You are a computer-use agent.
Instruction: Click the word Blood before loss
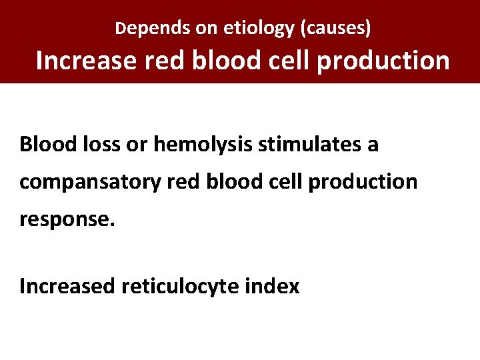(x=43, y=144)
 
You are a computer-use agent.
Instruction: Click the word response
(x=67, y=220)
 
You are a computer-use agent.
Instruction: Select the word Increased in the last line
(x=67, y=286)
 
